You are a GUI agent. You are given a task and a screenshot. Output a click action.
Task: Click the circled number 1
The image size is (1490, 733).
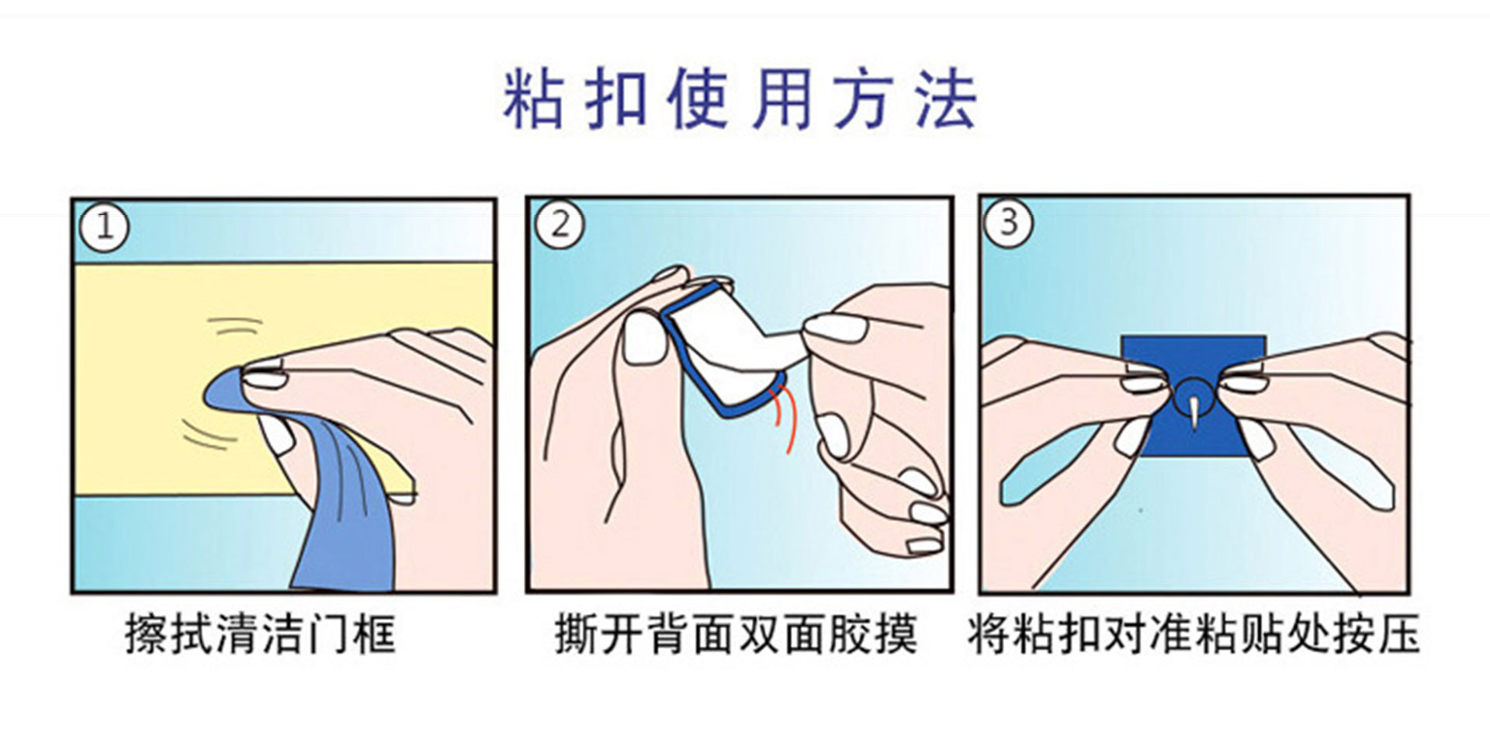104,227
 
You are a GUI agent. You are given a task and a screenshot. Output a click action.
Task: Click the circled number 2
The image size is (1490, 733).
560,224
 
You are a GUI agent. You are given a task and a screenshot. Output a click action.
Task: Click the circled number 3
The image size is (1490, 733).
1008,223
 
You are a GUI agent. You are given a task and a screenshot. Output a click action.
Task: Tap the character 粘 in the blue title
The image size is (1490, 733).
532,99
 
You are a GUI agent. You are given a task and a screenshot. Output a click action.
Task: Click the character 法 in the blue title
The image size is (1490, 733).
946,99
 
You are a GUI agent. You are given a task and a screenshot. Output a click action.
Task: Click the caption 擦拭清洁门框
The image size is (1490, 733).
261,634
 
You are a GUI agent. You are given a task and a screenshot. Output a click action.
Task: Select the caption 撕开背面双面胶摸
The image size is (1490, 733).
736,634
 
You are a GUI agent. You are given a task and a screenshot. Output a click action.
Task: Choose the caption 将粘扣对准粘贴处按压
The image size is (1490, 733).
1194,634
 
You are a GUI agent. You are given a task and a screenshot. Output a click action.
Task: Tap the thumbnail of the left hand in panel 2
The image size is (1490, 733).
645,337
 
